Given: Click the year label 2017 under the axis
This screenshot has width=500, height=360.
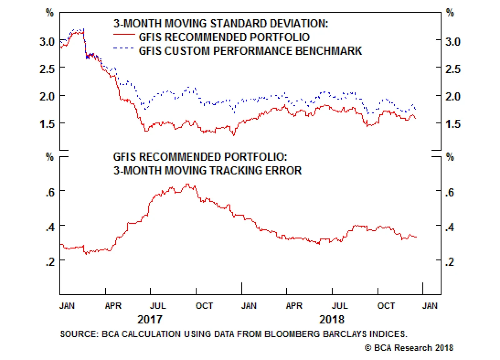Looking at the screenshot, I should pyautogui.click(x=150, y=319).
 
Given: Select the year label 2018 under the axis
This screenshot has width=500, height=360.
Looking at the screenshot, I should pyautogui.click(x=332, y=319).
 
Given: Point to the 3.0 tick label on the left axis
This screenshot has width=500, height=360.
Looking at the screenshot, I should pyautogui.click(x=47, y=42).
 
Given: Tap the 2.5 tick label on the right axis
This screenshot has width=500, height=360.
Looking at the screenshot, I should pyautogui.click(x=452, y=69).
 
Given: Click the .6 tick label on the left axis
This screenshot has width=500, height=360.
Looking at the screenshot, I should pyautogui.click(x=50, y=192).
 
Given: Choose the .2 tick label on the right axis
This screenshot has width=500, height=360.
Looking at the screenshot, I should pyautogui.click(x=450, y=262).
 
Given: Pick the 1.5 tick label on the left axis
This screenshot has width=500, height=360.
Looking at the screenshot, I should pyautogui.click(x=47, y=124).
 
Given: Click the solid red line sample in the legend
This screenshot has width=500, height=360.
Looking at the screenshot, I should pyautogui.click(x=124, y=34).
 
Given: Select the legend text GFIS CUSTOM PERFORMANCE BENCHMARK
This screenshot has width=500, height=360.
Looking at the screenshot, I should pyautogui.click(x=250, y=51).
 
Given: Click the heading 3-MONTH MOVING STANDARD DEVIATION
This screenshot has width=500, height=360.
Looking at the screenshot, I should pyautogui.click(x=221, y=23).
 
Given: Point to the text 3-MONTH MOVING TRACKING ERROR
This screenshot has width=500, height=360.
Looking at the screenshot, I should pyautogui.click(x=207, y=171).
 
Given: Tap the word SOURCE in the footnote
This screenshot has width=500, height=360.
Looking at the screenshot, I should pyautogui.click(x=79, y=334).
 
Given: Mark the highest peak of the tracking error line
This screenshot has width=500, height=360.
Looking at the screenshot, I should pyautogui.click(x=187, y=184).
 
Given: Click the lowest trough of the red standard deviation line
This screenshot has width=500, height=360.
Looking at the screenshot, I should pyautogui.click(x=233, y=135).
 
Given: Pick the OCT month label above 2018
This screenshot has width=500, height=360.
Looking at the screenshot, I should pyautogui.click(x=386, y=306).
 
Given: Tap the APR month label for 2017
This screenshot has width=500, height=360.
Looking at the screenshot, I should pyautogui.click(x=113, y=306).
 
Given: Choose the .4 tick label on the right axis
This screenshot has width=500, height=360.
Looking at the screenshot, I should pyautogui.click(x=450, y=227).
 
